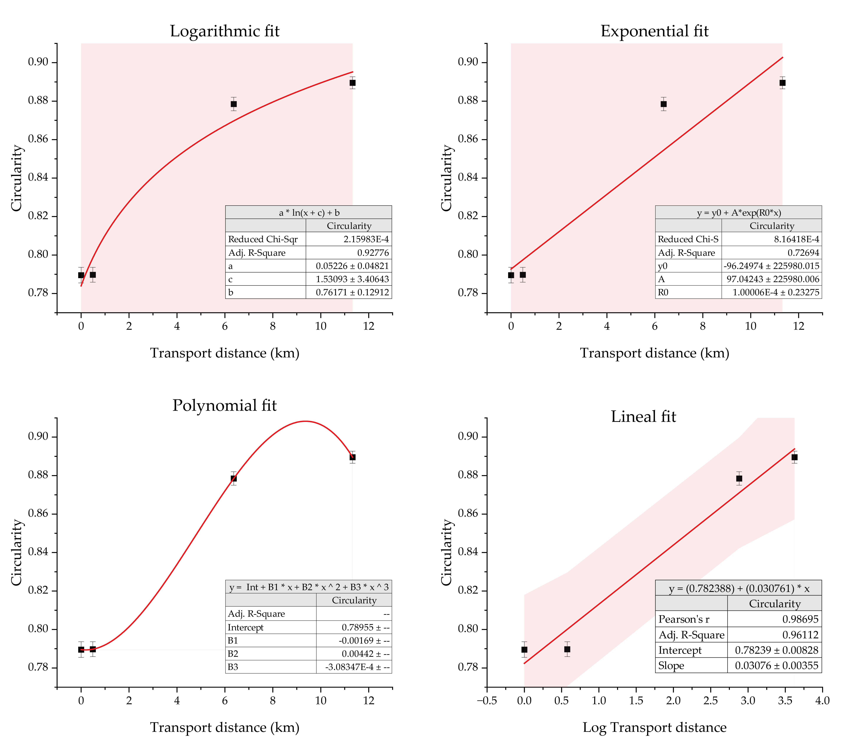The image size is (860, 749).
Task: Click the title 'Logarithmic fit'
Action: click(225, 31)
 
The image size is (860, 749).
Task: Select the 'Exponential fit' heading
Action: click(655, 31)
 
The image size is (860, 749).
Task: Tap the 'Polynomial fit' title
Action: click(225, 405)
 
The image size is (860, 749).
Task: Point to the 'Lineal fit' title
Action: click(643, 417)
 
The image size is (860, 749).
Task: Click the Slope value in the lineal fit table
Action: click(776, 665)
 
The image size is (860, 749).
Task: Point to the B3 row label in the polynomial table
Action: click(233, 667)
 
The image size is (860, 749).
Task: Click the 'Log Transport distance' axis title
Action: click(655, 727)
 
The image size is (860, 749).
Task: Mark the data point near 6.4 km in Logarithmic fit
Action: click(234, 104)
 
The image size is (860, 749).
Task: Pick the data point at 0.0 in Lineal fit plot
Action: click(524, 650)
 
